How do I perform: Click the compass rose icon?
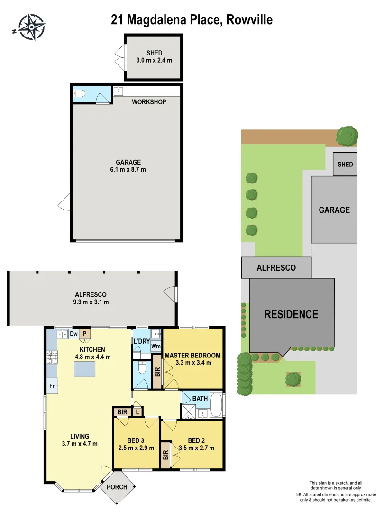pyautogui.click(x=31, y=27)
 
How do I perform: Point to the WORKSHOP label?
pyautogui.click(x=149, y=102)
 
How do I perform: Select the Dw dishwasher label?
pyautogui.click(x=73, y=334)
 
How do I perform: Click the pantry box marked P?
pyautogui.click(x=85, y=334)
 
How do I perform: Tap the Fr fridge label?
pyautogui.click(x=51, y=386)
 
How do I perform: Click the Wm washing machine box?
pyautogui.click(x=155, y=346)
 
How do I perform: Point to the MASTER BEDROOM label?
pyautogui.click(x=192, y=356)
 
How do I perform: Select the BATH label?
pyautogui.click(x=200, y=399)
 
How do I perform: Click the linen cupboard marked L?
pyautogui.click(x=137, y=412)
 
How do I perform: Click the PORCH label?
pyautogui.click(x=117, y=487)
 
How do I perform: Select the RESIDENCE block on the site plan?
pyautogui.click(x=291, y=314)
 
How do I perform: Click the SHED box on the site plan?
pyautogui.click(x=345, y=164)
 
